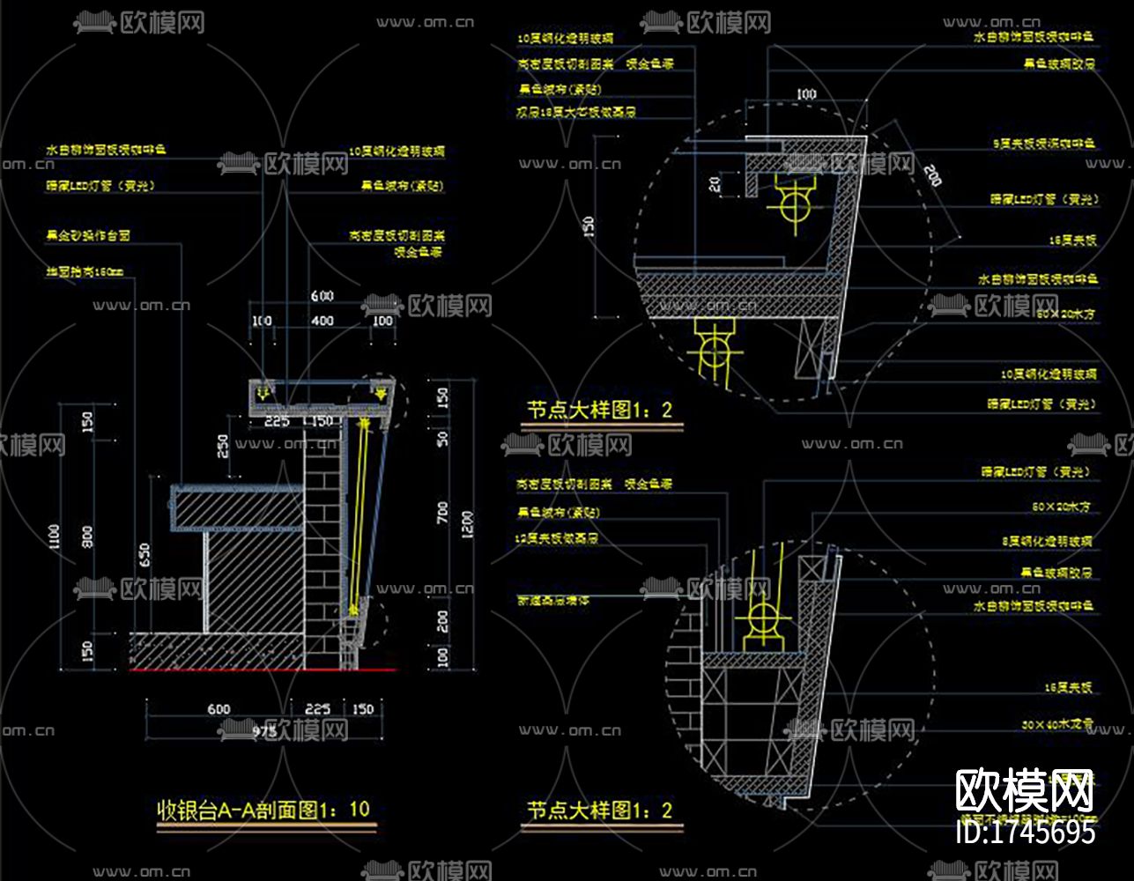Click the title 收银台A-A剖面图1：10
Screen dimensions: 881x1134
coord(263,809)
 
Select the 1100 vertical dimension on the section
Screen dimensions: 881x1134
coord(56,536)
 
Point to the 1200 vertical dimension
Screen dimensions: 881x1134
coord(467,524)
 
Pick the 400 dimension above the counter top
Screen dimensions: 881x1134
coord(322,321)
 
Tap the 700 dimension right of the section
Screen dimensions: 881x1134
coord(442,513)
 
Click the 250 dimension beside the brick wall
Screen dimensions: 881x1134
coord(224,446)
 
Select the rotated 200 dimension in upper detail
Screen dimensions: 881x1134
coord(930,175)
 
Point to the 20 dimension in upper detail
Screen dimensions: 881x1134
coord(715,184)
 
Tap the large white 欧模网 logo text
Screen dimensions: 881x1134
coord(1024,790)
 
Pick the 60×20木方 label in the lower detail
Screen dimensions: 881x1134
coord(1061,507)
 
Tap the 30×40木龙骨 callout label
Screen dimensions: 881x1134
coord(1056,724)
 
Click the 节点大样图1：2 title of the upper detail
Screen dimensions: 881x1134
coord(600,410)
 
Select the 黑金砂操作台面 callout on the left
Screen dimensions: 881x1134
coord(88,237)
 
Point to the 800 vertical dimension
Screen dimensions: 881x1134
coord(86,536)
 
